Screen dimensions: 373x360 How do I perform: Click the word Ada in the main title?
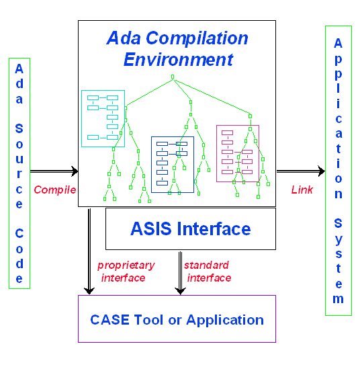[x=123, y=38]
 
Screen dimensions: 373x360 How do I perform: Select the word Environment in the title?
[x=178, y=59]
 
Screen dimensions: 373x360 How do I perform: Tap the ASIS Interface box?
[x=191, y=229]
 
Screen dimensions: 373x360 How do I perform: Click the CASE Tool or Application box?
[x=177, y=319]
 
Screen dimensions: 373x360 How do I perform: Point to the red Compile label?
[x=55, y=190]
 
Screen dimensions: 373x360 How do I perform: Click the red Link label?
[x=302, y=190]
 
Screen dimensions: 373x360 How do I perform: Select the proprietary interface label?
[x=125, y=271]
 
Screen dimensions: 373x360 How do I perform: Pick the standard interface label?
[x=207, y=271]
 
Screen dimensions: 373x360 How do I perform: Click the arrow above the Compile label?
[x=54, y=172]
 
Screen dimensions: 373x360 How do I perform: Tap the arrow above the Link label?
[x=300, y=172]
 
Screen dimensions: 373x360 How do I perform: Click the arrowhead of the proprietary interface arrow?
[x=89, y=290]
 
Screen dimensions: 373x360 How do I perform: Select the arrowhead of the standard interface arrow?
[x=179, y=290]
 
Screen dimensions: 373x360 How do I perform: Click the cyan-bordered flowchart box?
[x=103, y=118]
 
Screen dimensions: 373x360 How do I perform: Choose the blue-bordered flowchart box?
[x=172, y=164]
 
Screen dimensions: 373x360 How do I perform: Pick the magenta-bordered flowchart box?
[x=237, y=153]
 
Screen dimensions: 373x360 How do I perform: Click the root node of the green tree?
[x=173, y=77]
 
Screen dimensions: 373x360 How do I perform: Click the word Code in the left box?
[x=19, y=255]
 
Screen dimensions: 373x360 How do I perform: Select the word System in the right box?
[x=339, y=259]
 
